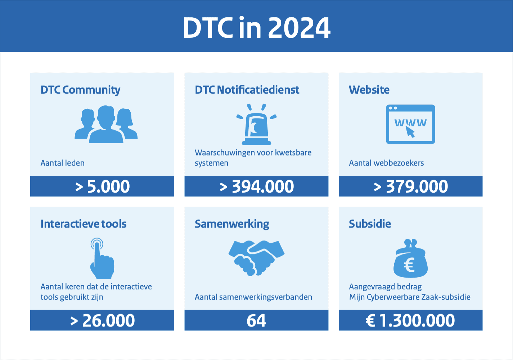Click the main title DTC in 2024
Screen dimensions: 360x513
click(x=256, y=27)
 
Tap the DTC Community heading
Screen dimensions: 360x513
click(x=80, y=90)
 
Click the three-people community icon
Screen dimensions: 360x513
click(x=106, y=124)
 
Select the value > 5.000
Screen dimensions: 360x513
click(x=102, y=186)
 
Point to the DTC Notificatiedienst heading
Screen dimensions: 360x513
click(x=247, y=90)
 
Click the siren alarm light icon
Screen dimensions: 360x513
click(x=256, y=124)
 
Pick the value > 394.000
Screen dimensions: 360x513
click(x=256, y=186)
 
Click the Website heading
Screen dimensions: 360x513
click(x=369, y=90)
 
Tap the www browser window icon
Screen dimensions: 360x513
click(x=410, y=124)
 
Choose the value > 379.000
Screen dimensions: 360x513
click(x=410, y=186)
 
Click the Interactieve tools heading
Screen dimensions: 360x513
click(x=84, y=224)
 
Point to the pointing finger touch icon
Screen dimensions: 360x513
click(x=102, y=258)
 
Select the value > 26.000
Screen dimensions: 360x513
click(x=102, y=320)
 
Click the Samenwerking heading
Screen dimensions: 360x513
click(x=232, y=224)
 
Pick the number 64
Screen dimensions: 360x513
click(x=256, y=320)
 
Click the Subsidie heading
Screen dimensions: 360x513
click(x=370, y=224)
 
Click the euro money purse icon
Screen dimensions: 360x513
click(x=410, y=259)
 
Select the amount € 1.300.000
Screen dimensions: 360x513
click(x=410, y=320)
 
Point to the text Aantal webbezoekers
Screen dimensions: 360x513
click(x=386, y=163)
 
